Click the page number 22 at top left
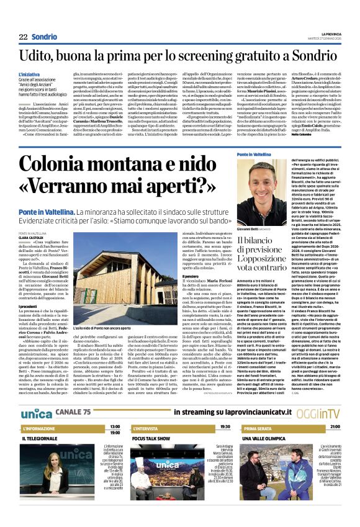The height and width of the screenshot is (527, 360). (23, 37)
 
